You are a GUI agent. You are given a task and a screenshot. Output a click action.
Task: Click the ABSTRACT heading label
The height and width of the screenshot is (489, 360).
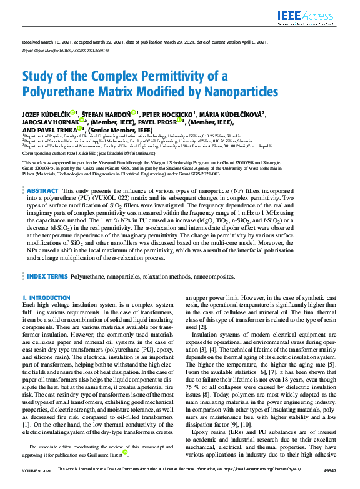[x=43, y=190]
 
